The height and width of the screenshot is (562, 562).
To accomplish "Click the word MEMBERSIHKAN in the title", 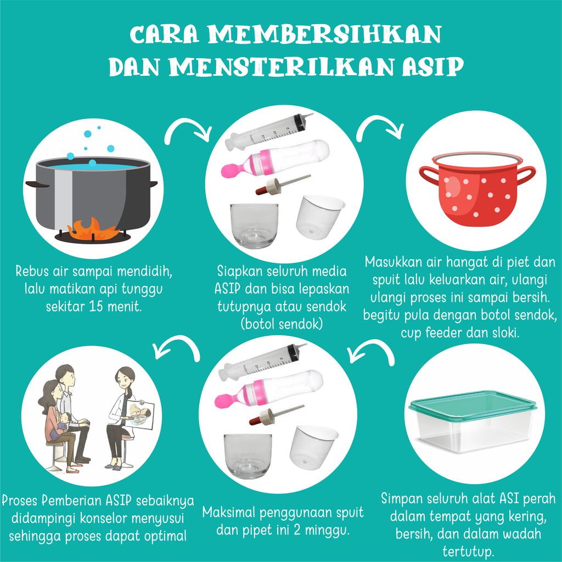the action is (x=324, y=35).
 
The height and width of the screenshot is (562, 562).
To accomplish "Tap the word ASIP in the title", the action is (x=433, y=66).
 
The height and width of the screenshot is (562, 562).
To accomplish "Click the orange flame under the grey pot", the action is (x=93, y=229).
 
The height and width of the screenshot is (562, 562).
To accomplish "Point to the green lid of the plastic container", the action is (x=473, y=401).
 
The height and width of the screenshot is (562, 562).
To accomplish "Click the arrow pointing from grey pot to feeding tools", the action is (x=187, y=126).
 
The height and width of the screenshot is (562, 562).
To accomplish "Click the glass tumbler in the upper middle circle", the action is (x=254, y=226).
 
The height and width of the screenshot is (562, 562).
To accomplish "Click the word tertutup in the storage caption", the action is (x=468, y=551).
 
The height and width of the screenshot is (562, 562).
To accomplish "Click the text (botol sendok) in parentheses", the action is (x=282, y=324).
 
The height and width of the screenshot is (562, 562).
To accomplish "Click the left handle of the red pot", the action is (x=428, y=175).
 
